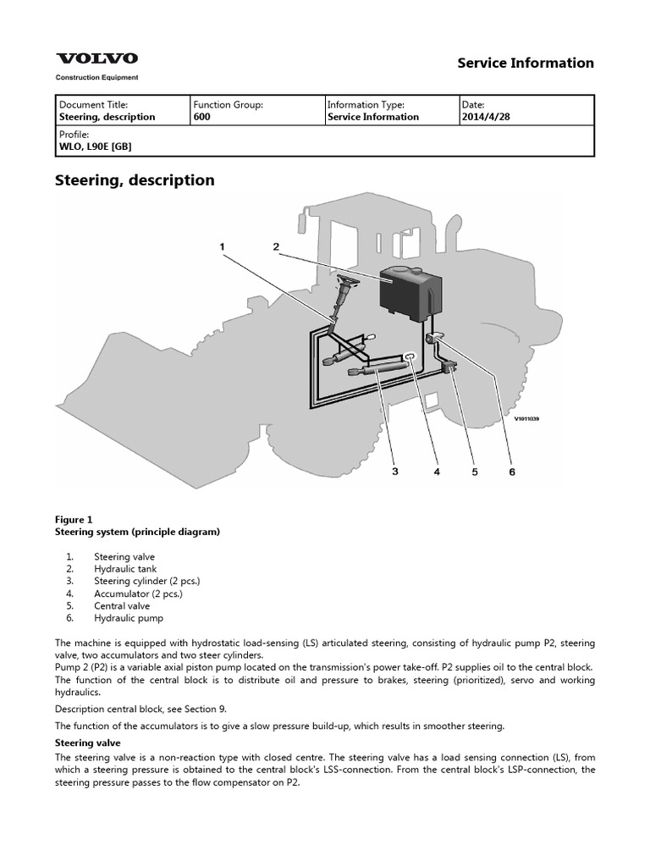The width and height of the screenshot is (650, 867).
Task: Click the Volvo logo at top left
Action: point(96,59)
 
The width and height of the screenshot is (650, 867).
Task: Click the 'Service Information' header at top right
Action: point(525,63)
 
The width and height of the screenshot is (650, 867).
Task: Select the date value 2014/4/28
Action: point(486,117)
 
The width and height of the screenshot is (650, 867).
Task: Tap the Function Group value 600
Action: point(201,117)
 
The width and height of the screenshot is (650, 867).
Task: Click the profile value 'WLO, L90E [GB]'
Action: point(95,146)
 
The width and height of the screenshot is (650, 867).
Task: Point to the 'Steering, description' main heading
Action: point(135,180)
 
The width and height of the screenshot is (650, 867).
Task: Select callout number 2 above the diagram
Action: point(276,246)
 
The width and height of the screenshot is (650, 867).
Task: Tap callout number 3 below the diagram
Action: point(394,472)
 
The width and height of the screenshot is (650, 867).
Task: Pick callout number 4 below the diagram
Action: point(437,472)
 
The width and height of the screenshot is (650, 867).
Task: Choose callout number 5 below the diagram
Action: point(474,472)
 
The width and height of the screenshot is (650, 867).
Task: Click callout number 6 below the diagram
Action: point(511,472)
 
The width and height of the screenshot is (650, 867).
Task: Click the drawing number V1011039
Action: point(526,418)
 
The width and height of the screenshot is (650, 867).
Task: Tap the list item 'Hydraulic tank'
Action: point(124,570)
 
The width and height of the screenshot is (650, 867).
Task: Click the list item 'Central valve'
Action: point(122,606)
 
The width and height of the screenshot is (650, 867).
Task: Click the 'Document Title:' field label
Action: point(93,104)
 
